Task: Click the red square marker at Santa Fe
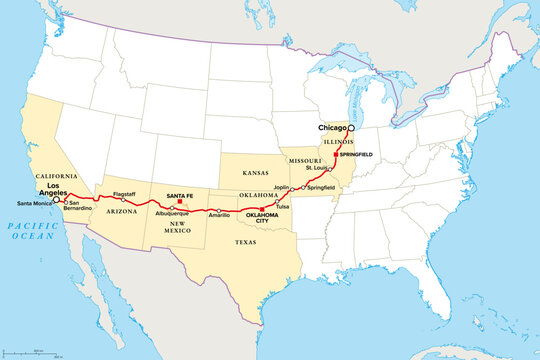[179, 201]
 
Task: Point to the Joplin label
[282, 185]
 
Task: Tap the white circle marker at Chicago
[350, 129]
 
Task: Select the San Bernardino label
[79, 206]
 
